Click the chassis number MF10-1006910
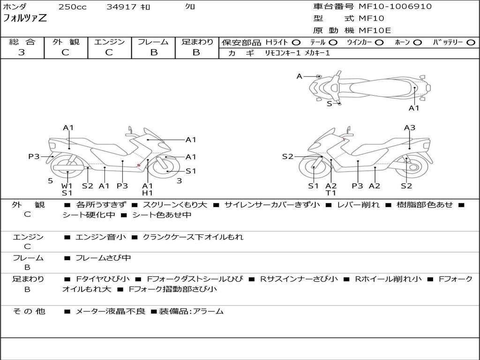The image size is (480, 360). point(395,7)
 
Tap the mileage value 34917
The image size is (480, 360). point(121,7)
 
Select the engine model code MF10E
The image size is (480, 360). point(375,30)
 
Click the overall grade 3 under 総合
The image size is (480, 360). point(22,52)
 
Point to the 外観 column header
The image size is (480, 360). point(66,42)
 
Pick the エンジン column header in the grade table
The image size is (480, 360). point(109,42)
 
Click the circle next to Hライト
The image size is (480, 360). point(296,43)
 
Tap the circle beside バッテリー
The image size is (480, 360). point(471,43)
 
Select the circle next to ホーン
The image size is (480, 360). point(418,43)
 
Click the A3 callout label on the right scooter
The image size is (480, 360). point(410,127)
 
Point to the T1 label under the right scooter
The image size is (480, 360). point(330,193)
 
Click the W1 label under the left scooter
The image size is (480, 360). point(67,186)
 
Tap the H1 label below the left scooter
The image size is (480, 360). point(147,193)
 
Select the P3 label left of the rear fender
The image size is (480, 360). point(34,157)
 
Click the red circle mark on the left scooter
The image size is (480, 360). point(139,165)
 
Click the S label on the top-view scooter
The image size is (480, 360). point(330,104)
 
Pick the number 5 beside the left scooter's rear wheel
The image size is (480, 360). point(51,181)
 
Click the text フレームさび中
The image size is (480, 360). point(103,258)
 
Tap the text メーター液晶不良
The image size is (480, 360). point(110,311)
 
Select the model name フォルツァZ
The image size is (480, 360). point(25,18)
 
